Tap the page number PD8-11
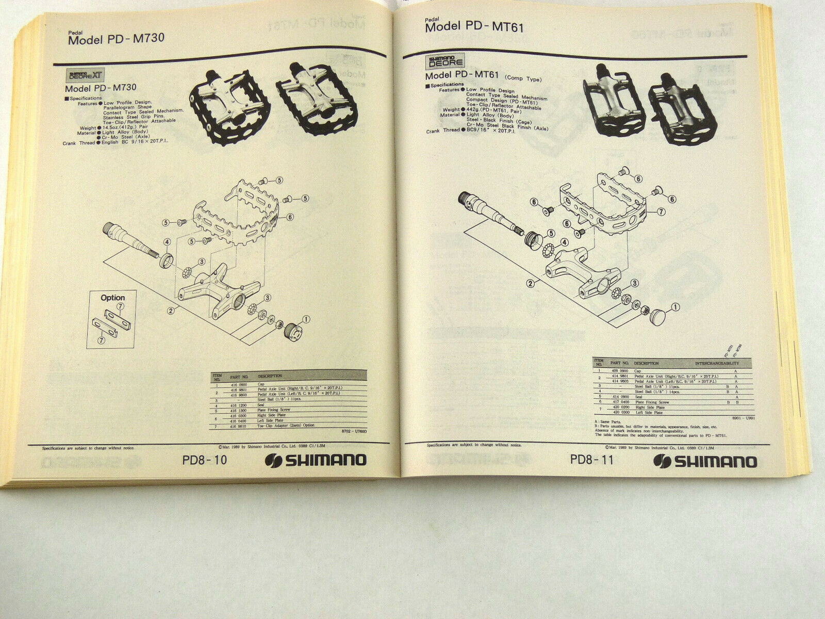[x=592, y=459]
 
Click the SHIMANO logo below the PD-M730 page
[x=316, y=460]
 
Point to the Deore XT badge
[x=87, y=75]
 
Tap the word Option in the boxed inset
[x=113, y=298]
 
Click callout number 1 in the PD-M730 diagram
[x=306, y=319]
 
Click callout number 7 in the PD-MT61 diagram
[x=662, y=211]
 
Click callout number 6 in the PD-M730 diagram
[x=291, y=217]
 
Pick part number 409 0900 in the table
[x=619, y=371]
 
